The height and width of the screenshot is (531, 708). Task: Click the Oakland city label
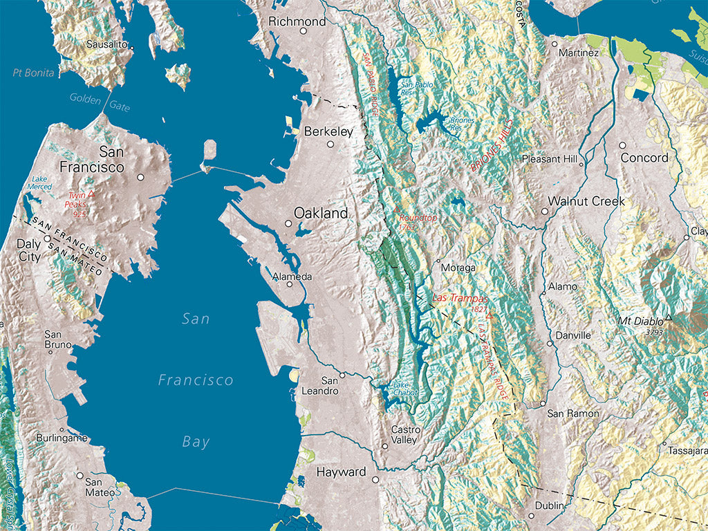click(x=321, y=214)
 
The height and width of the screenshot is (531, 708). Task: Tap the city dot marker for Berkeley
click(x=330, y=145)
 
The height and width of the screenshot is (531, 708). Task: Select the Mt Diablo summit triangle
click(x=669, y=319)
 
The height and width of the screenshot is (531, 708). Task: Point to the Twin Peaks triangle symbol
click(x=91, y=194)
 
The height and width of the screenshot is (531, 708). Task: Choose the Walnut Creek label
click(x=586, y=201)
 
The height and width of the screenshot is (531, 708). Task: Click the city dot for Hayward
click(x=375, y=479)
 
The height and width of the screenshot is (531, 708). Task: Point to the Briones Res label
click(x=463, y=124)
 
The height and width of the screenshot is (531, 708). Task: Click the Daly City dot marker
click(x=47, y=239)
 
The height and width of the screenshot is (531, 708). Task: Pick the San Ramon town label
click(x=573, y=413)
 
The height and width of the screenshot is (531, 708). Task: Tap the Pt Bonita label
click(x=33, y=73)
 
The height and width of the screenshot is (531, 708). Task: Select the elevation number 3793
click(x=654, y=333)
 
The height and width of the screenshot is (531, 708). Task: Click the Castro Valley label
click(x=404, y=434)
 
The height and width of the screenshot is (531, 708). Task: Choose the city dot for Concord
click(x=622, y=146)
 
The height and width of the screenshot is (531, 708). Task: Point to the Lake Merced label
click(x=39, y=183)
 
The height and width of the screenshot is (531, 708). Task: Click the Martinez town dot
click(x=554, y=43)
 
